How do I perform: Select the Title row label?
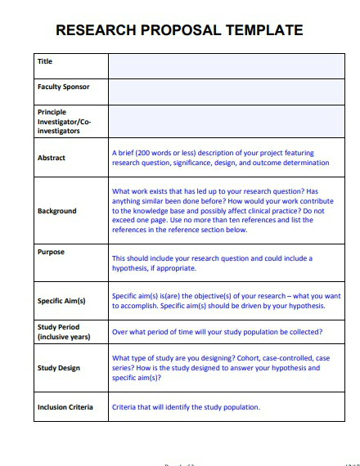(45, 61)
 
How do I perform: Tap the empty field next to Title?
(226, 66)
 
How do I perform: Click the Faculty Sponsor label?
(63, 87)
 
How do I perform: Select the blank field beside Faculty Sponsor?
(226, 92)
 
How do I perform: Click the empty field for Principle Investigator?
(226, 121)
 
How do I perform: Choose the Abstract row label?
(52, 158)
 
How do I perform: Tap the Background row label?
(56, 211)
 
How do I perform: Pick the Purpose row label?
(51, 253)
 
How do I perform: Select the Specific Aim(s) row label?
(61, 301)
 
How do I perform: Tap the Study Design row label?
(59, 368)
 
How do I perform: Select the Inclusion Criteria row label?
(65, 407)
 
